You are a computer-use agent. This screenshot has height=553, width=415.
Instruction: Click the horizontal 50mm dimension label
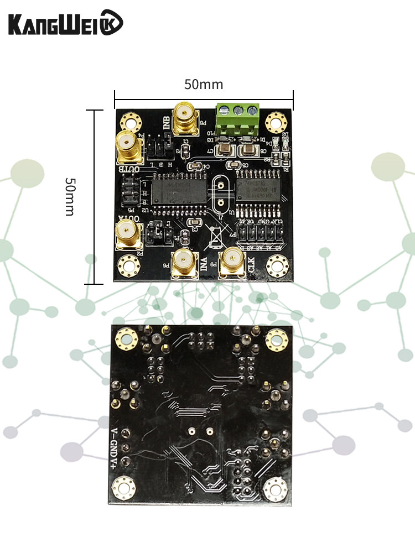tap(204, 85)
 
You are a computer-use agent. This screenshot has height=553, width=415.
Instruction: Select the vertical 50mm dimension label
tap(69, 196)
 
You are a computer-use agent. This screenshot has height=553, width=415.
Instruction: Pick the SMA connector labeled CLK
tap(232, 262)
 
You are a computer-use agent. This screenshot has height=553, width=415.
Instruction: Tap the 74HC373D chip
tap(258, 189)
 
